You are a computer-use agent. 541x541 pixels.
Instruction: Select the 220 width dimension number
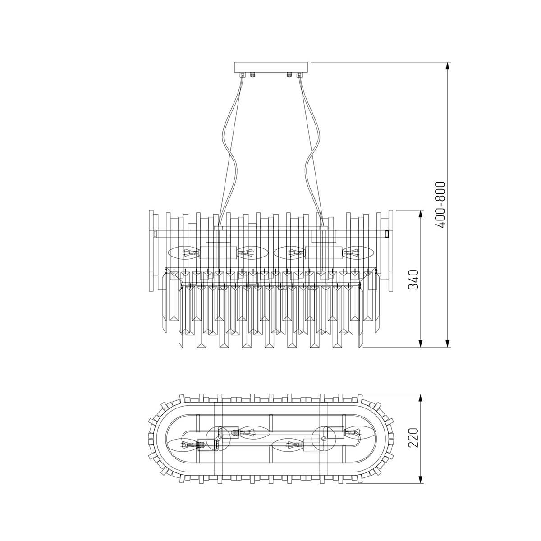pos(415,437)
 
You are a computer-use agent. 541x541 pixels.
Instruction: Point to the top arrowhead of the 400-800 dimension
pos(448,66)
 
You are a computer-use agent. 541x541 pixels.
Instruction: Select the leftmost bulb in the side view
pos(183,253)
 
